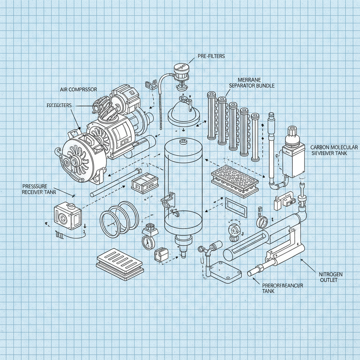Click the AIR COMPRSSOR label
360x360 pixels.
tap(78, 90)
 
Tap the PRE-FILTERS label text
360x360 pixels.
tap(211, 56)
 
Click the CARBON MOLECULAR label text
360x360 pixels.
tap(334, 147)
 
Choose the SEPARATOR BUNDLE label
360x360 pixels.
tap(252, 85)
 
